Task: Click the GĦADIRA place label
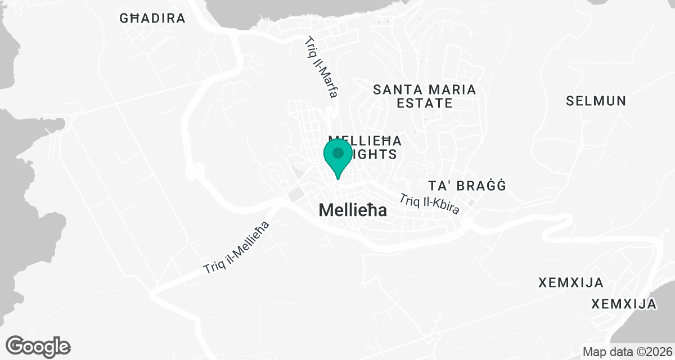152,18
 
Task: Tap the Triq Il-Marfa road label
321,67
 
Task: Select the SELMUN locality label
596,101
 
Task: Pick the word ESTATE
425,103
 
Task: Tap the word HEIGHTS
373,154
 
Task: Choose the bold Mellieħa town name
353,210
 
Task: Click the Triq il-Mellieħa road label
237,248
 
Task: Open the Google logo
38,346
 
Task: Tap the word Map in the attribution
593,352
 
